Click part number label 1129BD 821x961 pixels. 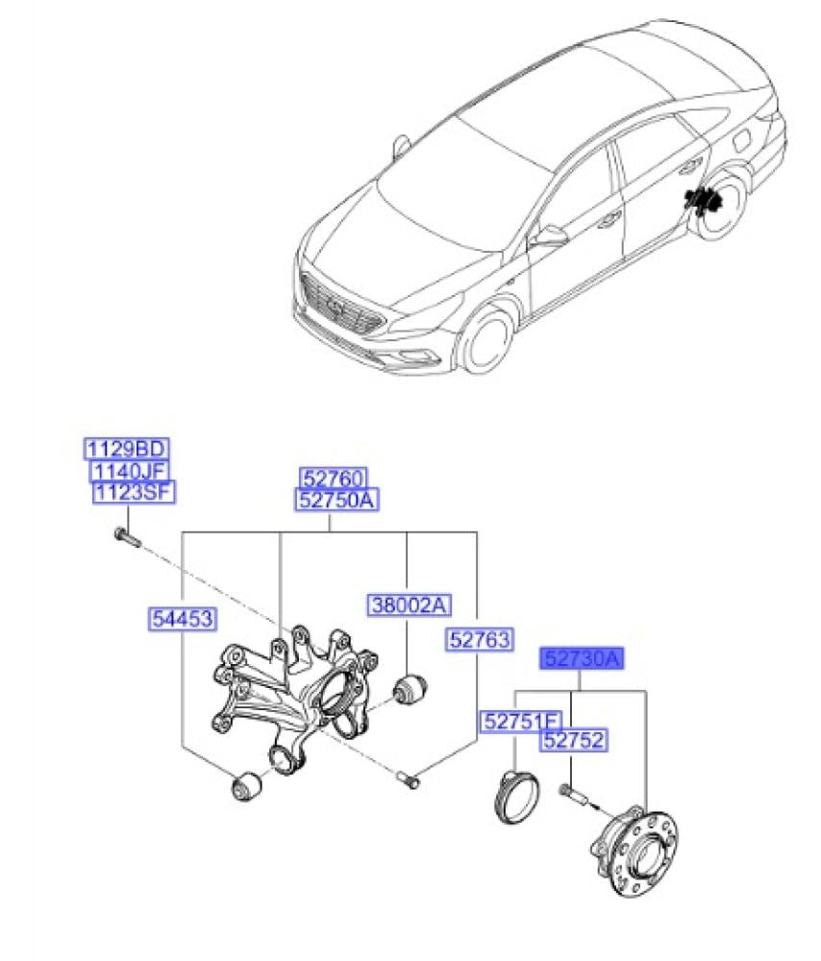[x=127, y=448]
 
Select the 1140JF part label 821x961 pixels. [x=129, y=471]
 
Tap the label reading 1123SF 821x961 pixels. [x=133, y=493]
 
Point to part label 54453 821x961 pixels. [x=181, y=619]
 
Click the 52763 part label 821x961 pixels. [x=479, y=640]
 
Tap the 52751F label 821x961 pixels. [x=520, y=722]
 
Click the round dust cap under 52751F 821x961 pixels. [x=514, y=797]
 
